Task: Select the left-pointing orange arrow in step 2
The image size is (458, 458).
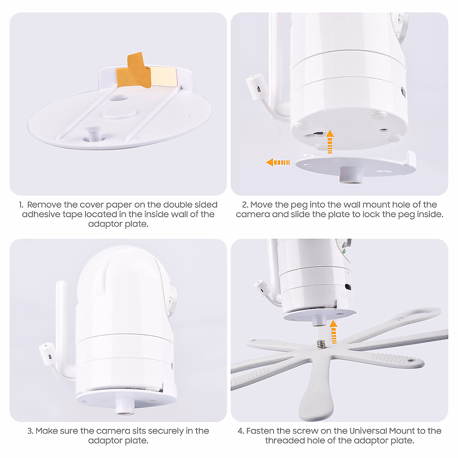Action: pos(278,163)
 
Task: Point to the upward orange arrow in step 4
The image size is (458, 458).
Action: pos(334,332)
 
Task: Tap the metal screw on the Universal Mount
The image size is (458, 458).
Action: pos(320,345)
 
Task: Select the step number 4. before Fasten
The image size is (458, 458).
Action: pos(241,431)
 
